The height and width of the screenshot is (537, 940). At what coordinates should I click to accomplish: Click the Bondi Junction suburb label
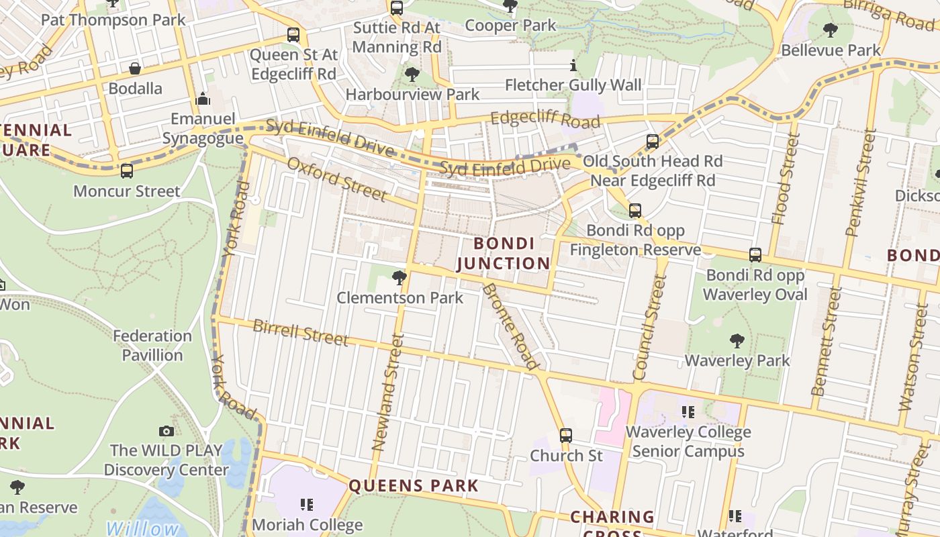click(504, 253)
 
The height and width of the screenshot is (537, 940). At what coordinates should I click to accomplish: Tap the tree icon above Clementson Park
click(399, 277)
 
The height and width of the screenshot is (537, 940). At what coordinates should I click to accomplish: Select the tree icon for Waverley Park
click(737, 341)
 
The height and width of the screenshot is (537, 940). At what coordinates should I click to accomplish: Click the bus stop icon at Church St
click(566, 436)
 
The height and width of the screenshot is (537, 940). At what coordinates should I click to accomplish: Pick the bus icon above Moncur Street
click(127, 171)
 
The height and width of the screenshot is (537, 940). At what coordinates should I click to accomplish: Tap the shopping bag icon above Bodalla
click(135, 68)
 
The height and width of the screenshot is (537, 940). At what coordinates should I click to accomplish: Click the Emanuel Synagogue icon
click(203, 99)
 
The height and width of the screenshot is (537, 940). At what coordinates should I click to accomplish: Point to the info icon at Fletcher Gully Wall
click(573, 66)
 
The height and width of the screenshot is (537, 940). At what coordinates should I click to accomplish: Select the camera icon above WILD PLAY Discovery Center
click(166, 431)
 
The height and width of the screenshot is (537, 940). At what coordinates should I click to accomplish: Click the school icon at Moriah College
click(307, 504)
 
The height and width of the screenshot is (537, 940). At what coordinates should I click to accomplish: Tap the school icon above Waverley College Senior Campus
click(688, 411)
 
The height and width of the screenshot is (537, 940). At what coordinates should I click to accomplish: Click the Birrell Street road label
click(300, 333)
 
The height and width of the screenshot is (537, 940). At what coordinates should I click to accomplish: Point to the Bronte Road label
click(511, 327)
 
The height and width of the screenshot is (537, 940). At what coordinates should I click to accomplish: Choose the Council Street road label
click(649, 328)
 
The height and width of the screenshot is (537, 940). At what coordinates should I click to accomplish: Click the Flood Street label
click(786, 179)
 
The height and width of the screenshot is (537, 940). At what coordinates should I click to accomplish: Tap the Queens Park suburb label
click(414, 486)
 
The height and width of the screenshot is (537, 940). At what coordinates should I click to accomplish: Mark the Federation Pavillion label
click(152, 345)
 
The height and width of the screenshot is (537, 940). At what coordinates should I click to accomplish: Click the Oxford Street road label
click(337, 179)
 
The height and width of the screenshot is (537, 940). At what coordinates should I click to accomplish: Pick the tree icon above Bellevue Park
click(831, 30)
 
